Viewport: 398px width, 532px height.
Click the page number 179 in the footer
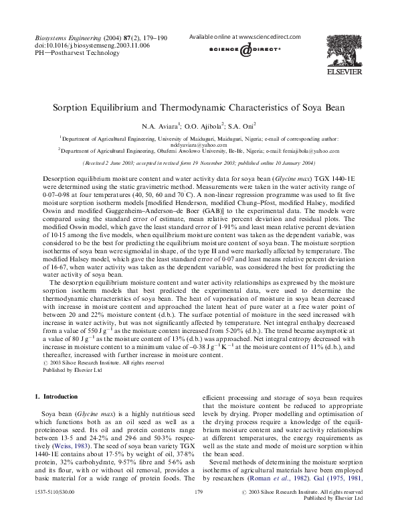198,511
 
